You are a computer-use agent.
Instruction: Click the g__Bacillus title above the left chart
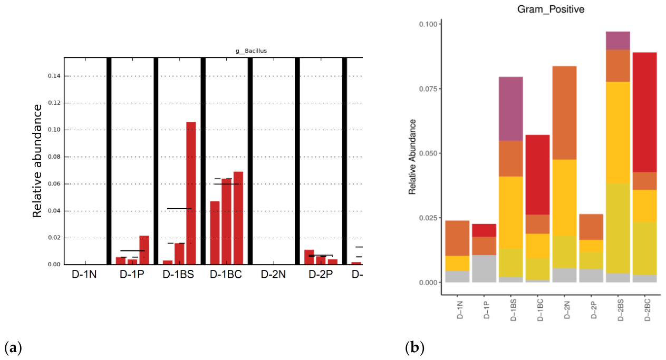[x=251, y=51]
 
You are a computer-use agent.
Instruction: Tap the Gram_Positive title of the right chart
[x=551, y=9]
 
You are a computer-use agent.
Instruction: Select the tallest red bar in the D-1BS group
[x=191, y=193]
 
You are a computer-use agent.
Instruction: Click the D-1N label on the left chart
[x=84, y=275]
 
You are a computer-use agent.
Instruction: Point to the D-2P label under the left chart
[x=321, y=275]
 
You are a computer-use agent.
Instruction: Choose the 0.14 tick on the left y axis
[x=54, y=76]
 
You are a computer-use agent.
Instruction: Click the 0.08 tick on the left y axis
[x=54, y=157]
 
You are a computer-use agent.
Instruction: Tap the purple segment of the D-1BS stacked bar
[x=511, y=109]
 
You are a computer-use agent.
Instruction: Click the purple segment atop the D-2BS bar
[x=618, y=41]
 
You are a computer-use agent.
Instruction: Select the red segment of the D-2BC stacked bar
[x=644, y=112]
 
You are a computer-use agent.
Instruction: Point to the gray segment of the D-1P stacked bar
[x=484, y=269]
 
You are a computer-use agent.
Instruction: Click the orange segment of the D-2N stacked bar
[x=564, y=113]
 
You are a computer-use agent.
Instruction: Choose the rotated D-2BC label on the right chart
[x=648, y=310]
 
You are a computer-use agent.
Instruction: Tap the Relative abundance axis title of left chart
[x=37, y=161]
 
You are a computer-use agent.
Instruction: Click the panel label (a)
[x=13, y=347]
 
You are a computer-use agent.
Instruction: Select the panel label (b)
[x=414, y=347]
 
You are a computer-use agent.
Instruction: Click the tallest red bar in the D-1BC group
[x=238, y=218]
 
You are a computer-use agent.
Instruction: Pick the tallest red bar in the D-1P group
[x=144, y=250]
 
